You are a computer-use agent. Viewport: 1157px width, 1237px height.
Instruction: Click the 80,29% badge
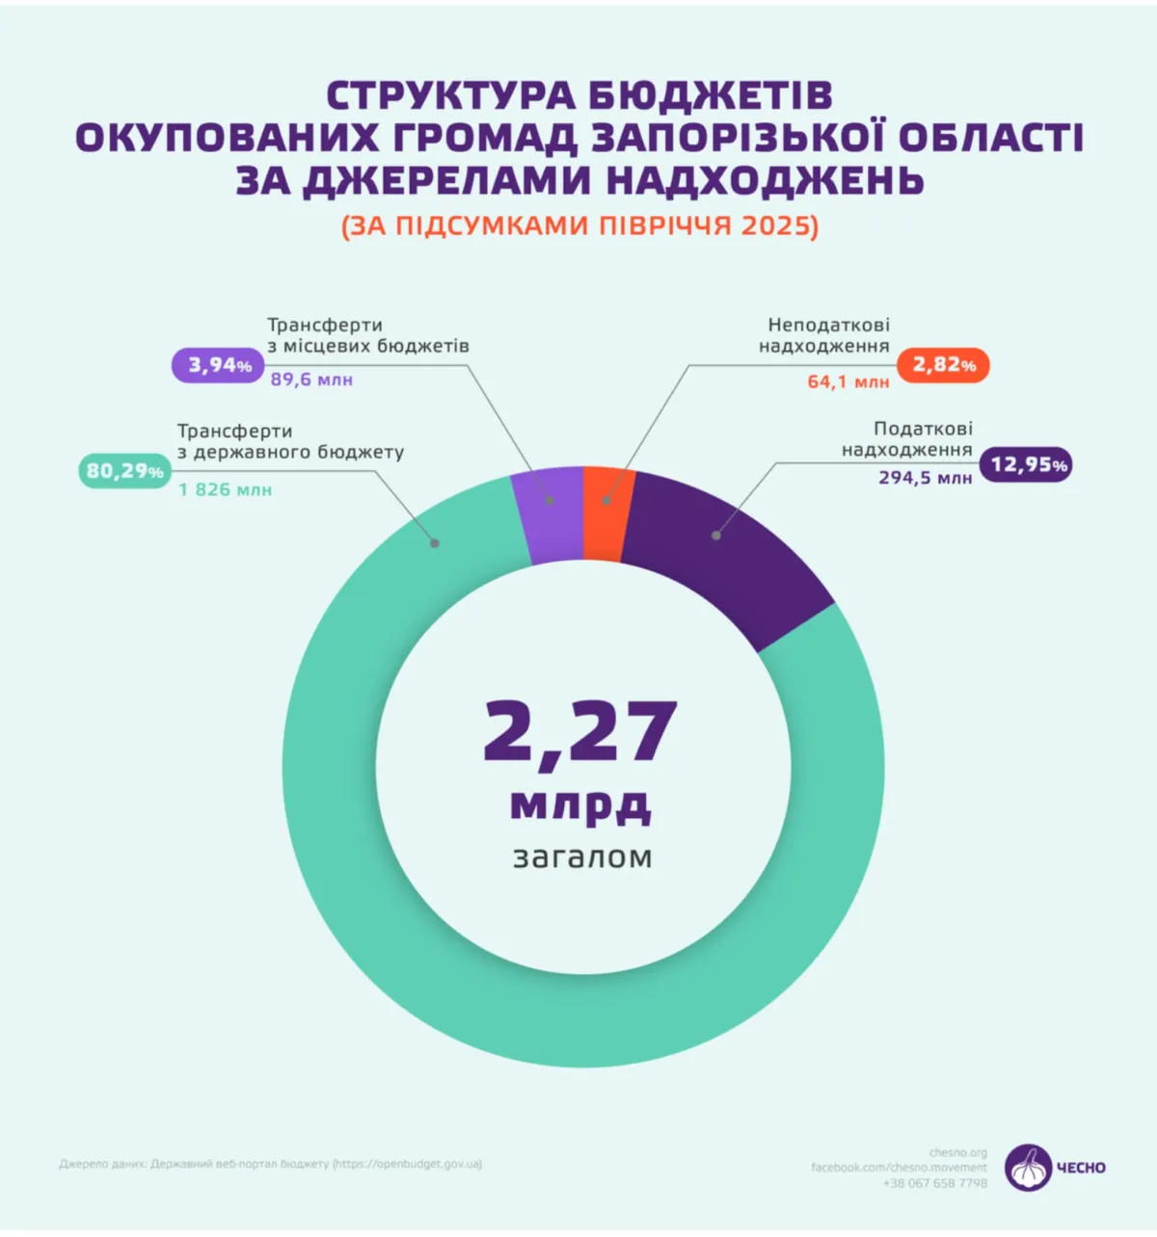tap(124, 471)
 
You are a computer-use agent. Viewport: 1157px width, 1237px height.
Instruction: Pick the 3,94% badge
tap(219, 365)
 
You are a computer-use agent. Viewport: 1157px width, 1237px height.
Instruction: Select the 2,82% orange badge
tap(943, 365)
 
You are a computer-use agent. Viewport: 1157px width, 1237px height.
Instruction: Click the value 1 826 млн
tap(226, 490)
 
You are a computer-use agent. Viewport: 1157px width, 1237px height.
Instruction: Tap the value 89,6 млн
tap(311, 380)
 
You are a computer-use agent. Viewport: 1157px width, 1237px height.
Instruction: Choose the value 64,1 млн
tap(848, 382)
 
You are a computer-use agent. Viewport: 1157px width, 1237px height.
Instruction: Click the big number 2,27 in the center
tap(580, 731)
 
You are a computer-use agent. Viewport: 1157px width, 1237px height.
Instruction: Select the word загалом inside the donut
tap(582, 856)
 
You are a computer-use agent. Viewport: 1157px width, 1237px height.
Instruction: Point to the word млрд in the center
tap(580, 804)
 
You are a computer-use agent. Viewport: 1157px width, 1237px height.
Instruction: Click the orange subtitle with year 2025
tap(579, 225)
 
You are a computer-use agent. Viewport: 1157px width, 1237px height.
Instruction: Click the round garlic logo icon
tap(1029, 1168)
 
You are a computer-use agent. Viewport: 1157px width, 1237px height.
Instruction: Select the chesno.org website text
tap(958, 1152)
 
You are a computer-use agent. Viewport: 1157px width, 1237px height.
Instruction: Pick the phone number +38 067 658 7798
tap(934, 1183)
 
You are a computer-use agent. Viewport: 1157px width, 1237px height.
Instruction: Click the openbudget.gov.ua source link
tap(408, 1164)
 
